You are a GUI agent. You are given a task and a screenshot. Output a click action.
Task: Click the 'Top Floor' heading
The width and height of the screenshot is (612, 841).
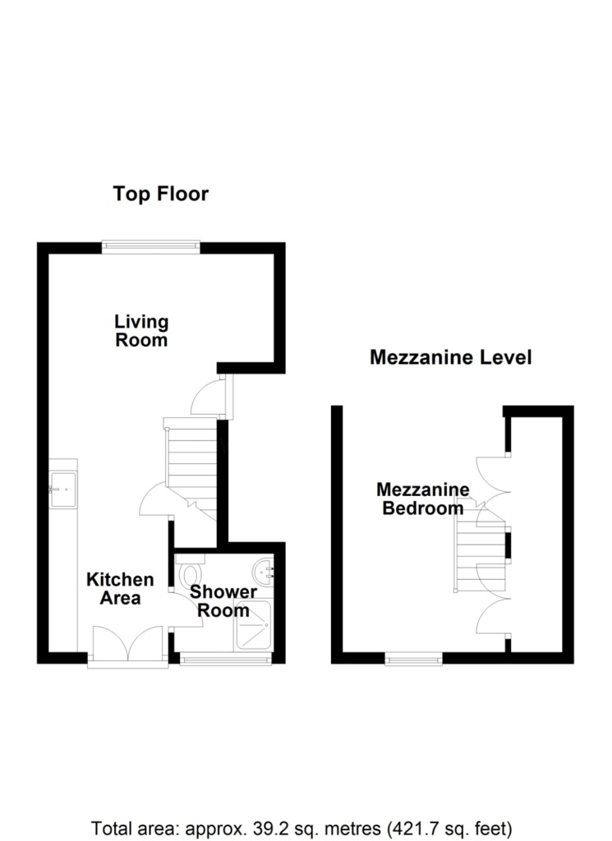click(x=160, y=194)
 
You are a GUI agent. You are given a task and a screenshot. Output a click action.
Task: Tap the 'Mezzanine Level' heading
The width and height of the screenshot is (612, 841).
click(x=450, y=357)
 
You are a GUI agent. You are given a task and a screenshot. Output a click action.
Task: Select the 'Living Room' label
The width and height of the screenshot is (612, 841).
click(x=141, y=331)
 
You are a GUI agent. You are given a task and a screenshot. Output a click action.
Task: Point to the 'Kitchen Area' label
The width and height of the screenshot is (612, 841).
click(x=120, y=588)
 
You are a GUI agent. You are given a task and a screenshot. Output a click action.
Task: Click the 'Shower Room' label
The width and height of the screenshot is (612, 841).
click(x=223, y=601)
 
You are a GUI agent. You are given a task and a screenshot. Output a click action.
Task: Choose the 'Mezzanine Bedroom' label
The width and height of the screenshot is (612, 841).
click(x=423, y=499)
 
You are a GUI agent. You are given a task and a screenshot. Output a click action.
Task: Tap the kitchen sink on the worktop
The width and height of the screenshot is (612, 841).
click(x=62, y=489)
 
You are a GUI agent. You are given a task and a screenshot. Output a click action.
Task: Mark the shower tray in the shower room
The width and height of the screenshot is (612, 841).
click(x=254, y=626)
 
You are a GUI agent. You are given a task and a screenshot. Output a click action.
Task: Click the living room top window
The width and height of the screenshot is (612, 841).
click(x=150, y=247)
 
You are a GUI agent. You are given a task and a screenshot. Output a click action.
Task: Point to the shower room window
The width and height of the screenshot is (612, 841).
click(x=226, y=659)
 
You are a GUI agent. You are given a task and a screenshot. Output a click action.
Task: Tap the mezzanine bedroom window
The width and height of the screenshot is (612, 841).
click(x=413, y=659)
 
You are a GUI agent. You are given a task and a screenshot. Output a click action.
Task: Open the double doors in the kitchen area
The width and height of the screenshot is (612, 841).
click(x=127, y=646)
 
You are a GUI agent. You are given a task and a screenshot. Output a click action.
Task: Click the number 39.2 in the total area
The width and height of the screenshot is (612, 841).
click(x=270, y=828)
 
